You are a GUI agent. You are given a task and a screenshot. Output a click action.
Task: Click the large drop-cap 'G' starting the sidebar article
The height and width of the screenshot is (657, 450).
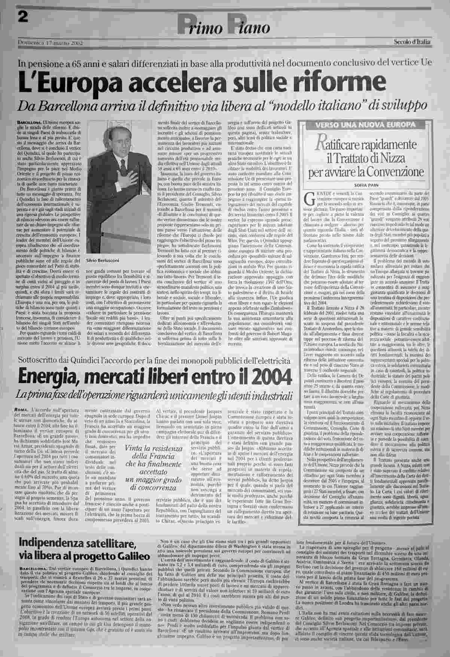(310, 198)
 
